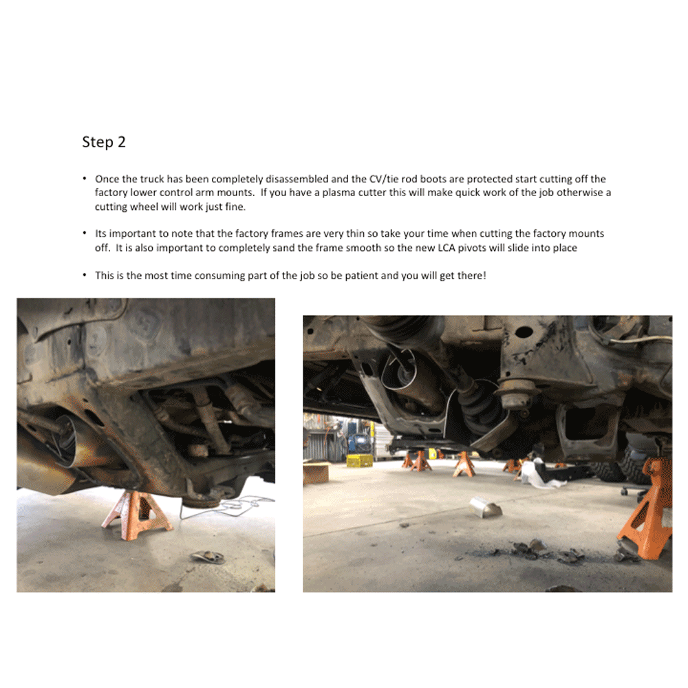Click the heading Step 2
coord(104,142)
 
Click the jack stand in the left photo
coord(136,511)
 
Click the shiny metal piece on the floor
coord(485,508)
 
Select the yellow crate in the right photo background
coord(358,460)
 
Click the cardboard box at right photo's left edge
coord(316,473)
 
